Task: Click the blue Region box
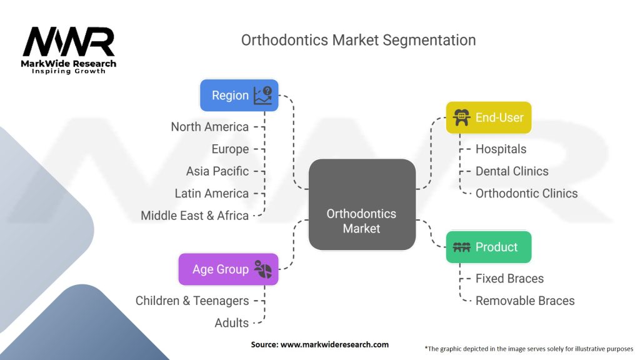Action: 239,96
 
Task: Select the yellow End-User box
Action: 489,117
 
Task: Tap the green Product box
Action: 489,247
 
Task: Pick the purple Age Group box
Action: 229,269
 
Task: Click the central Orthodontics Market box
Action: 362,204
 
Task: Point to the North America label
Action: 210,127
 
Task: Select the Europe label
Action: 230,149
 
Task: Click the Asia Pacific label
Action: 217,171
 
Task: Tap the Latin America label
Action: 212,194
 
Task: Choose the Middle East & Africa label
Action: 195,216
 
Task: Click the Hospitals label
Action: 501,149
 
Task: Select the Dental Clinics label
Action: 512,171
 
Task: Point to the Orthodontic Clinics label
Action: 526,194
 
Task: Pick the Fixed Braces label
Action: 509,279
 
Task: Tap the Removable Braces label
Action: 525,301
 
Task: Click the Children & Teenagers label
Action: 192,301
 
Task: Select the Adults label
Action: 231,323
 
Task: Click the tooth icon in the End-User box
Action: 462,117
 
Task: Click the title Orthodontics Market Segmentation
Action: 358,41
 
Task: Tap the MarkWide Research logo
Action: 69,51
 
